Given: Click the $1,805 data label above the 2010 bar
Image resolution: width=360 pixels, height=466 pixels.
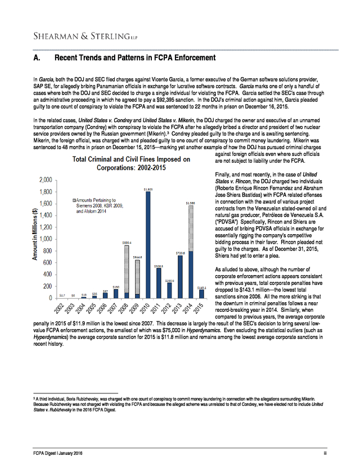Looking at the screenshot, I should pos(148,189).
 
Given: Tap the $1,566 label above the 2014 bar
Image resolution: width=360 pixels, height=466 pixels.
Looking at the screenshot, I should pos(191,203).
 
